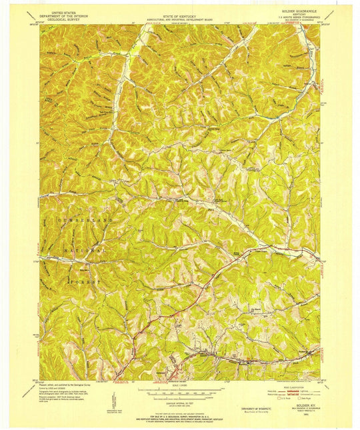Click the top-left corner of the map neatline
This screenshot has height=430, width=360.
click(39, 26)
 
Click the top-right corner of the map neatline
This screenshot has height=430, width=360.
click(320, 26)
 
